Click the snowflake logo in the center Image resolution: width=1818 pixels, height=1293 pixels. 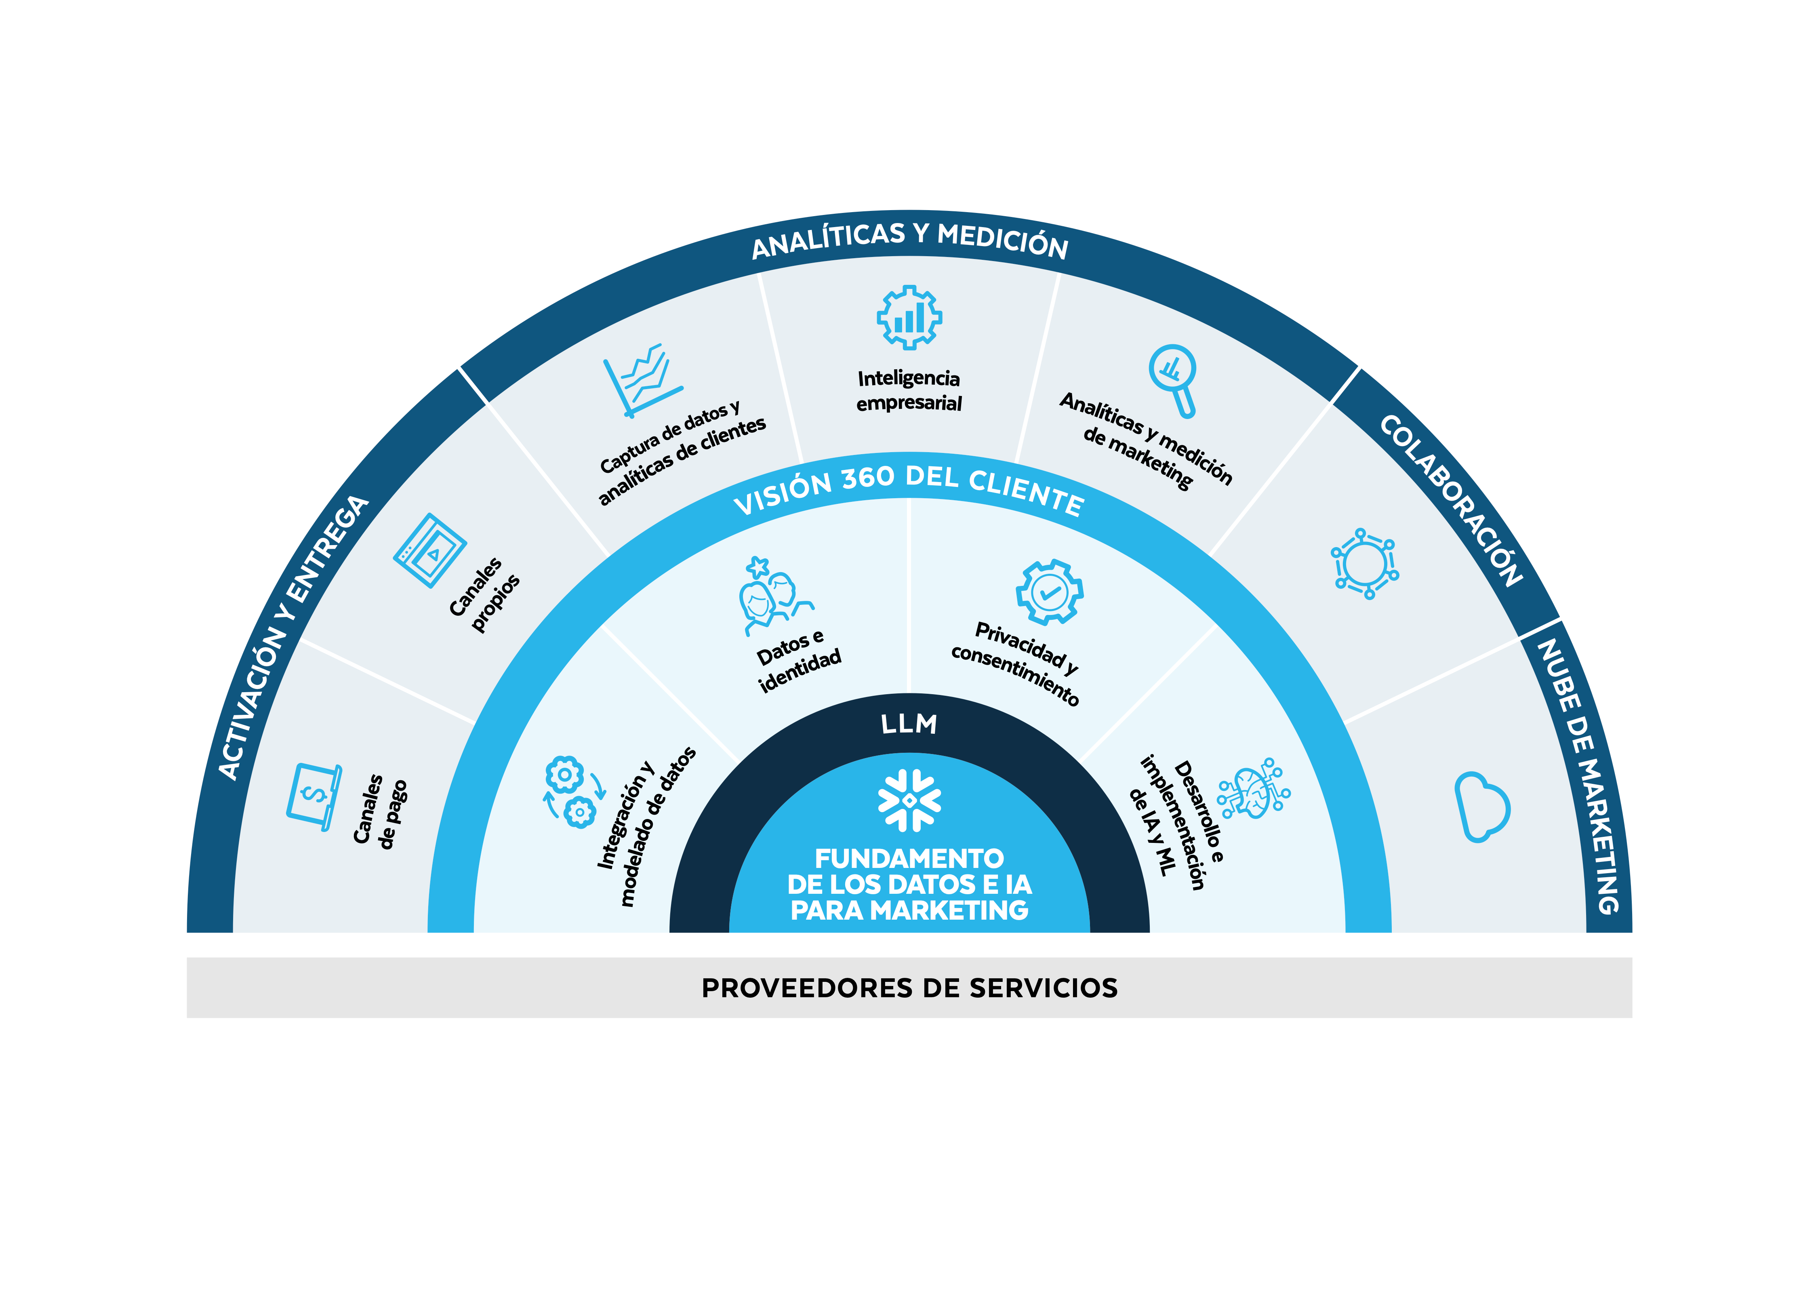tap(909, 800)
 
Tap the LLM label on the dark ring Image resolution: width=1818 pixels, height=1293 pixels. tap(909, 724)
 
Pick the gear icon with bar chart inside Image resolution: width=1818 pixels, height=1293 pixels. tap(909, 317)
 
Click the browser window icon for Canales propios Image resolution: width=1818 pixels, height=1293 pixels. tap(430, 550)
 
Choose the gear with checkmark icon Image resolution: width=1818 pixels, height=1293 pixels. tap(1049, 592)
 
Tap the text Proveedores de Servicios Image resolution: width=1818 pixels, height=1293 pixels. tap(909, 988)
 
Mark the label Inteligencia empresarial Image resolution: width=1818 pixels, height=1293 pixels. tap(909, 390)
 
